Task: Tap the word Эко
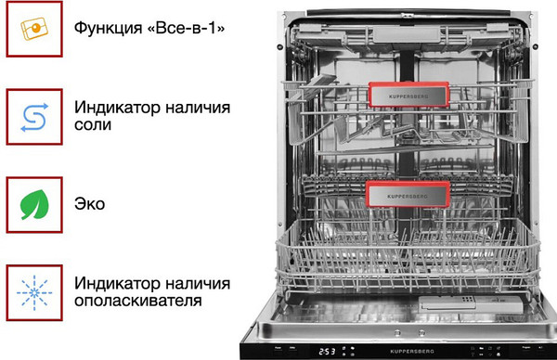tap(90, 203)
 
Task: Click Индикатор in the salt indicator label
tap(115, 105)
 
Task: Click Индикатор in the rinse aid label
tap(115, 282)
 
